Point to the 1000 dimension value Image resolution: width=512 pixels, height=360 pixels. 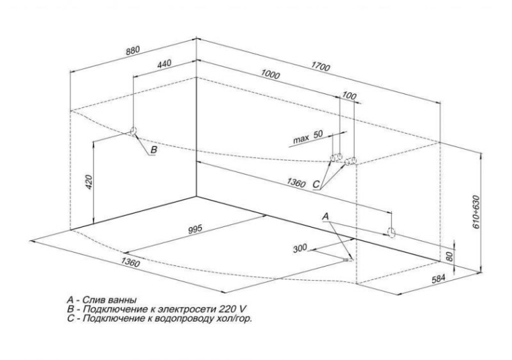pyautogui.click(x=271, y=77)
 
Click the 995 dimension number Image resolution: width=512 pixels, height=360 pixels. pyautogui.click(x=195, y=230)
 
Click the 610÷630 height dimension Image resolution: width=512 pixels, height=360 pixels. pyautogui.click(x=476, y=213)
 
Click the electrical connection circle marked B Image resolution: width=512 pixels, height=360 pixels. pyautogui.click(x=133, y=131)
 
